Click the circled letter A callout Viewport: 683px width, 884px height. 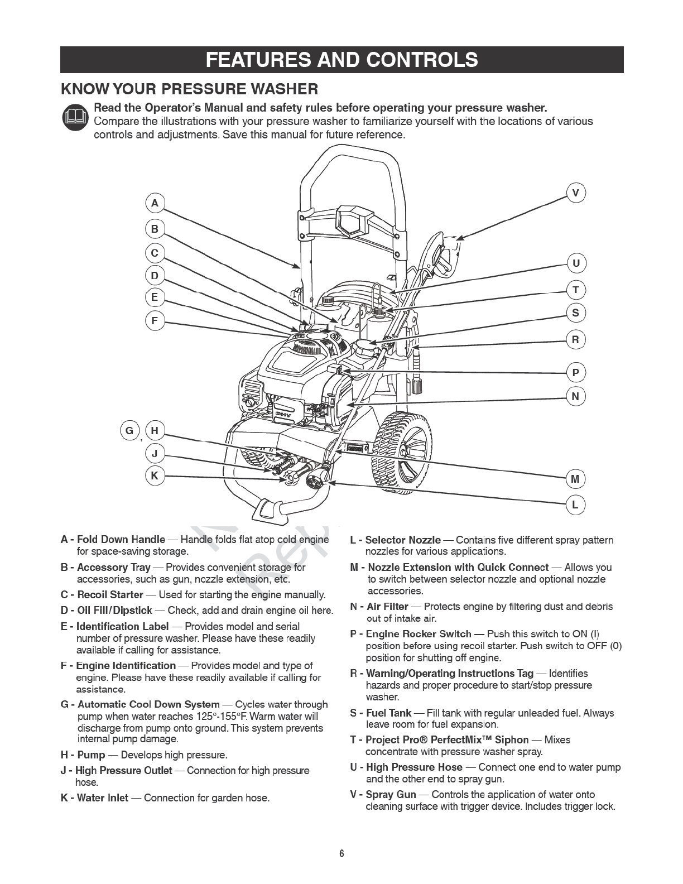pyautogui.click(x=155, y=203)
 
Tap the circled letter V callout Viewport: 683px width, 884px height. pyautogui.click(x=576, y=193)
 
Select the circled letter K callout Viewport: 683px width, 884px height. pyautogui.click(x=155, y=476)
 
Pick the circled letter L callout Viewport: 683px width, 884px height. pyautogui.click(x=575, y=506)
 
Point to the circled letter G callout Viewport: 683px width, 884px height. pyautogui.click(x=129, y=430)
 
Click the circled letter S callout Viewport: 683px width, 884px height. pyautogui.click(x=576, y=313)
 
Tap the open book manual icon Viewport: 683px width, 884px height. pyautogui.click(x=75, y=118)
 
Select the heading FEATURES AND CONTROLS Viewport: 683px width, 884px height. pyautogui.click(x=341, y=60)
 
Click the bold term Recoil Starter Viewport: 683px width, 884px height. pyautogui.click(x=110, y=594)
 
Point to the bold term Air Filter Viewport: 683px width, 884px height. pyautogui.click(x=387, y=607)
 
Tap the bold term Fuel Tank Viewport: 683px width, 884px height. pyautogui.click(x=388, y=713)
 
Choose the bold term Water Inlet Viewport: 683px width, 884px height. pyautogui.click(x=102, y=797)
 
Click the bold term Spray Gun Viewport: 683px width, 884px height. pyautogui.click(x=391, y=794)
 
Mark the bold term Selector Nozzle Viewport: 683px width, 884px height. pyautogui.click(x=402, y=540)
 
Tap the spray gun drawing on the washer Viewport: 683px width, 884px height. pyautogui.click(x=441, y=254)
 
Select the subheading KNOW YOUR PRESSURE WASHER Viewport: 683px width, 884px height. pyautogui.click(x=190, y=89)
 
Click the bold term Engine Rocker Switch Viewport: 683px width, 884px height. pyautogui.click(x=419, y=634)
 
